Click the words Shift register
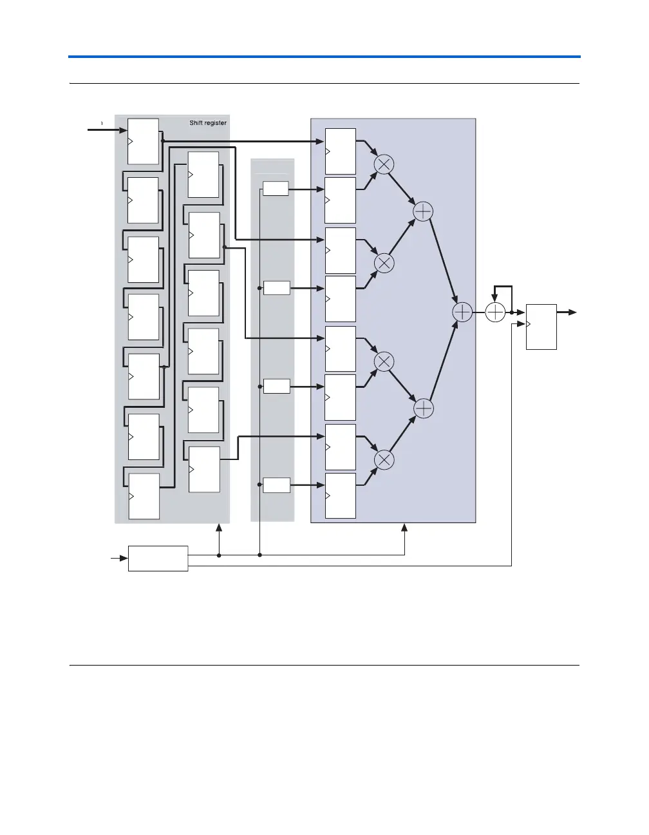coord(207,123)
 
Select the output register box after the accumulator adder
coord(541,326)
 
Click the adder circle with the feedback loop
coord(494,312)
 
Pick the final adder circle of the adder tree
coord(462,312)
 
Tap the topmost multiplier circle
coord(384,165)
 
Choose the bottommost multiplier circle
coord(384,459)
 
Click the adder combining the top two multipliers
coord(423,211)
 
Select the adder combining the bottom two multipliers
coord(423,408)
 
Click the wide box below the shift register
coord(158,558)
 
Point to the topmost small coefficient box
coord(276,189)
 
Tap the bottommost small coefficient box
coord(276,485)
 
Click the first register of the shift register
coord(143,141)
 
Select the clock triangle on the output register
coord(529,323)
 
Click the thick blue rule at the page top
coord(324,57)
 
